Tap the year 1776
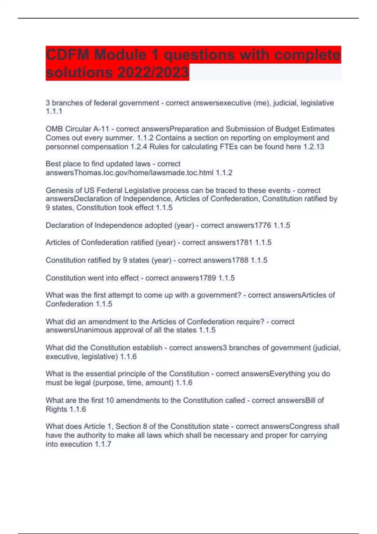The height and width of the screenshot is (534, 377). (263, 225)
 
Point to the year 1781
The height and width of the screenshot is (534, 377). (244, 242)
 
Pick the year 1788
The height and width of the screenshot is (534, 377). (240, 260)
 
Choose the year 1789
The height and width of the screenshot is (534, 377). (208, 278)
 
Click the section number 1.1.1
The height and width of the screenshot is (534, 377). (54, 111)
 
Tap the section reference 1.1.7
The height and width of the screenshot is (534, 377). (103, 444)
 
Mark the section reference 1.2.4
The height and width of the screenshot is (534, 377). (139, 147)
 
